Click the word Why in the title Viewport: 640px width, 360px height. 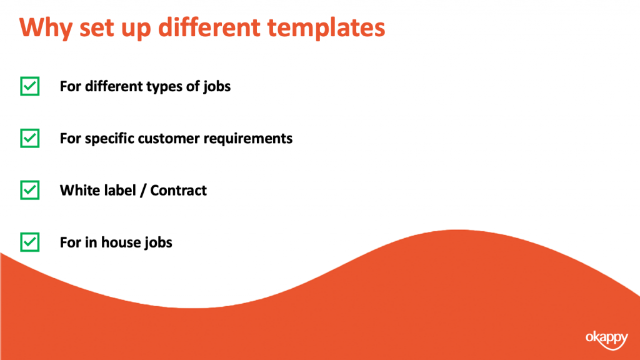(x=46, y=27)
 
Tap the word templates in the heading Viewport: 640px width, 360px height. (x=326, y=27)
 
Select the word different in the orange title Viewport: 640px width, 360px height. (x=209, y=27)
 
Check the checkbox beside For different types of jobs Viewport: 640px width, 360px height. (x=30, y=86)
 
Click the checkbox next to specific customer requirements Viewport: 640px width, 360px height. (x=30, y=138)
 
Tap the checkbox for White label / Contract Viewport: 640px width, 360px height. (x=30, y=190)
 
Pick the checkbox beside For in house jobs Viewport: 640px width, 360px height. (x=30, y=242)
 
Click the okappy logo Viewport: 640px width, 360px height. (x=606, y=339)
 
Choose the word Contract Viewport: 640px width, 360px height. (x=178, y=190)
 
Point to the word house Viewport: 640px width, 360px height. (x=119, y=242)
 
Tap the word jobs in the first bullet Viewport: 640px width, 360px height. (x=217, y=87)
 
